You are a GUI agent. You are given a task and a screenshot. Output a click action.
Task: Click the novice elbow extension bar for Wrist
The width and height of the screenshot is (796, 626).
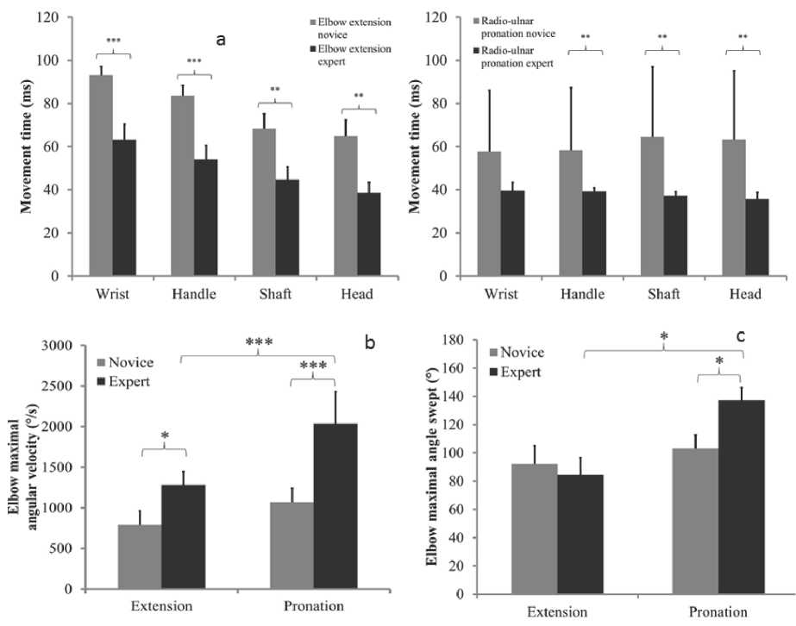click(x=101, y=176)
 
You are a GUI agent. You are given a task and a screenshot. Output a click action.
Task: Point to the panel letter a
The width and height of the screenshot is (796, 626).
click(x=221, y=40)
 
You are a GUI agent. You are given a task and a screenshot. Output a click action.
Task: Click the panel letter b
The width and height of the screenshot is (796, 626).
click(x=369, y=343)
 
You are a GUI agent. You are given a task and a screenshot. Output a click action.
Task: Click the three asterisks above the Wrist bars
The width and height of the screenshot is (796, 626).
click(x=113, y=41)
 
